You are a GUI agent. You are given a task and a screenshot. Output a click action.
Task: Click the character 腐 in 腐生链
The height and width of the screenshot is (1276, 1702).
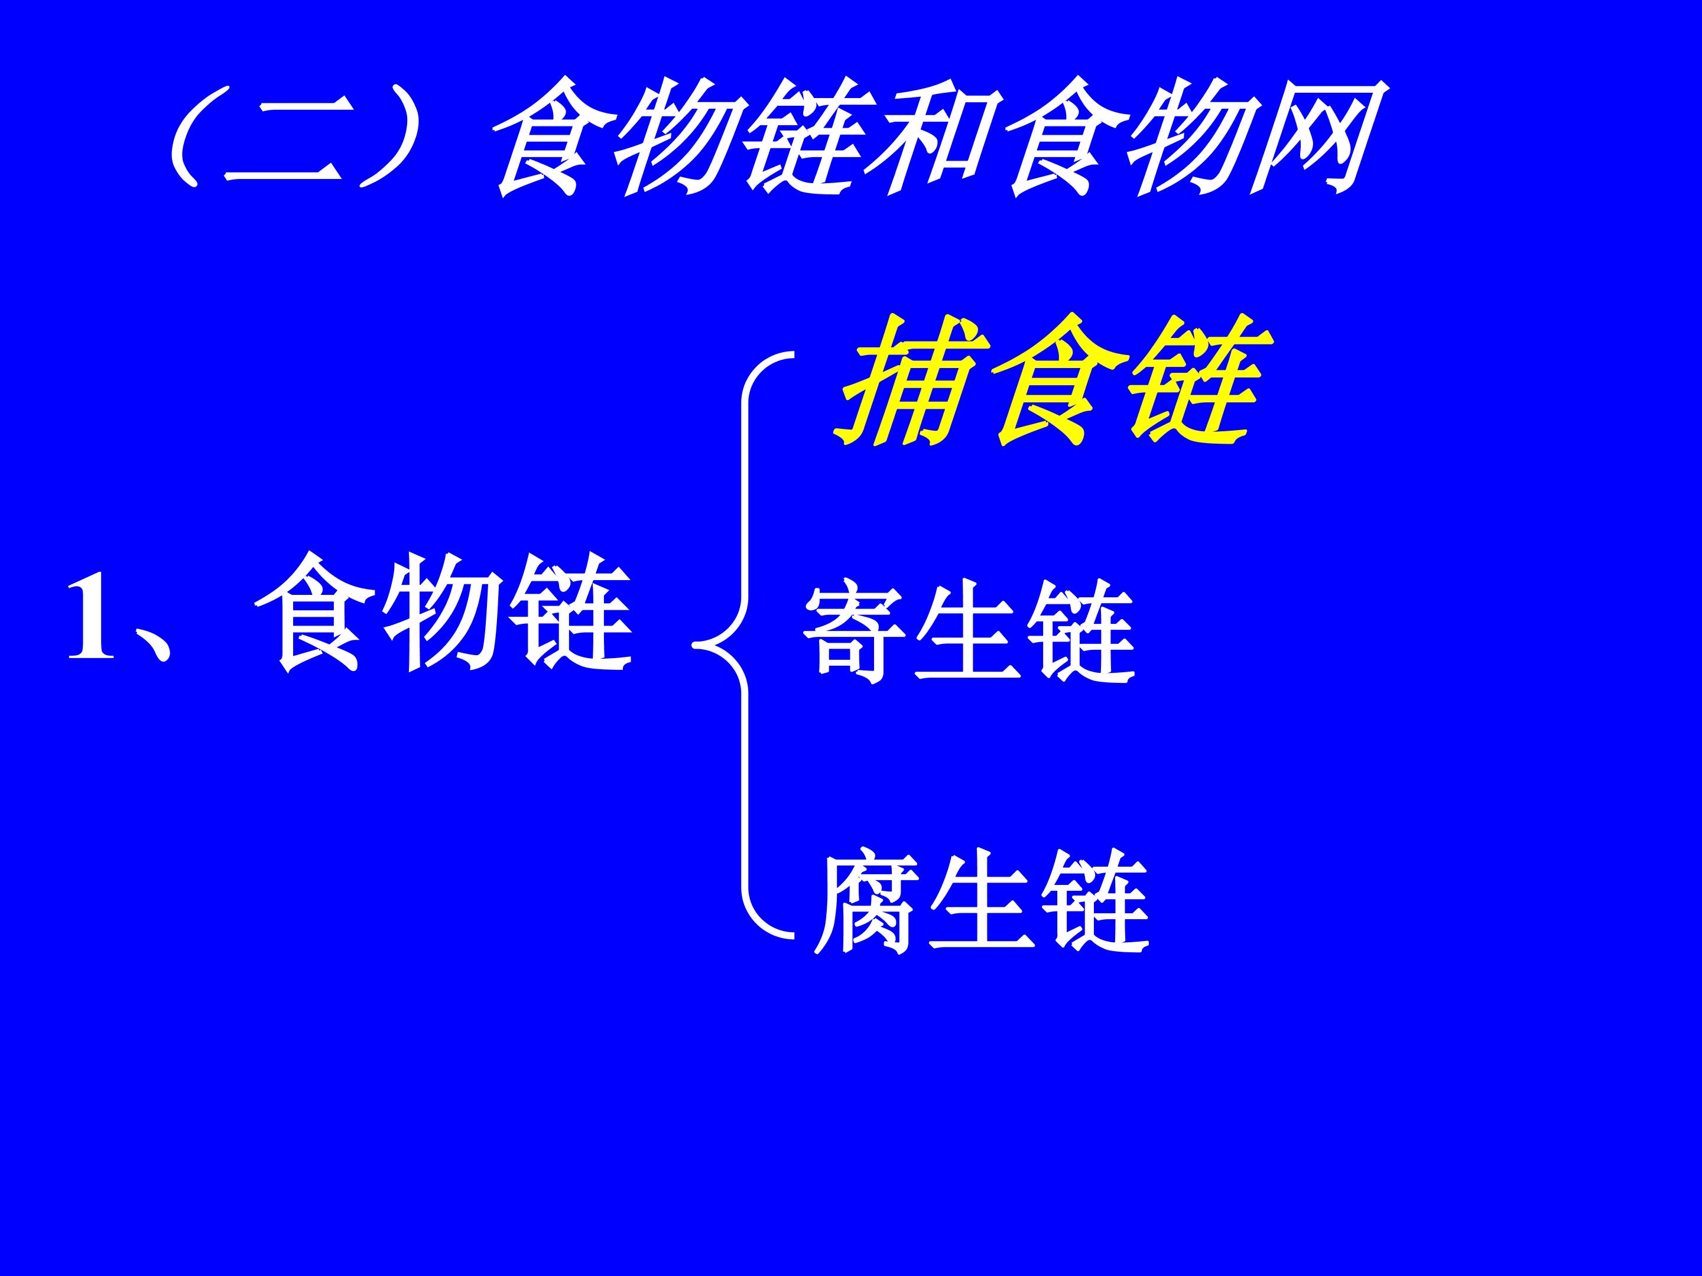coord(866,900)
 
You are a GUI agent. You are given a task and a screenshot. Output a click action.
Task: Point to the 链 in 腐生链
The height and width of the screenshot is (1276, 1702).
coord(1096,900)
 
